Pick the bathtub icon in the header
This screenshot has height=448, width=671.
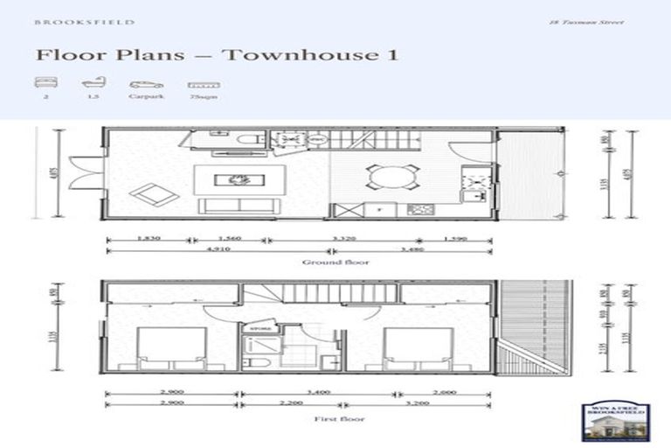click(x=92, y=85)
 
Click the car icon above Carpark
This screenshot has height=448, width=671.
click(x=146, y=85)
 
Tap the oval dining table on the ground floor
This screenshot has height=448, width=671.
click(x=391, y=177)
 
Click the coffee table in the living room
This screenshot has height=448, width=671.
click(x=238, y=179)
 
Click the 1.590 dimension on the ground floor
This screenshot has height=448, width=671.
click(x=454, y=238)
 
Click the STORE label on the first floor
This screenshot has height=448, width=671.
click(x=259, y=329)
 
